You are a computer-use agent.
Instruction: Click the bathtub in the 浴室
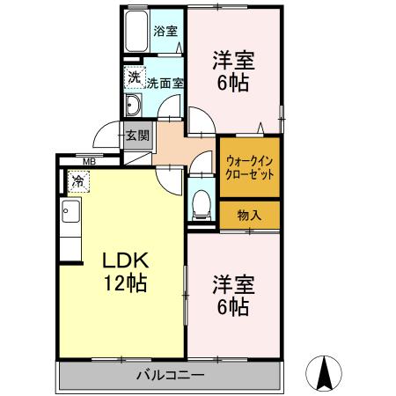[x=136, y=31]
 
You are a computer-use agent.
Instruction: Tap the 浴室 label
[x=165, y=32]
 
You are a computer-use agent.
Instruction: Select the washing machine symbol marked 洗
[x=135, y=77]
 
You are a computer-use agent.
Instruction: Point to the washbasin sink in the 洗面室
[x=133, y=105]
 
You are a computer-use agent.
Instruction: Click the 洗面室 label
[x=165, y=84]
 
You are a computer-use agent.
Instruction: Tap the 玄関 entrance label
[x=137, y=136]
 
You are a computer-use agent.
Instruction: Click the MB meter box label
[x=89, y=161]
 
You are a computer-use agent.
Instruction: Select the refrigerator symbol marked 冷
[x=78, y=181]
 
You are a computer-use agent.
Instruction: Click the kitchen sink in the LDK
[x=71, y=211]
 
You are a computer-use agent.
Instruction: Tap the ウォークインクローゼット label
[x=250, y=168]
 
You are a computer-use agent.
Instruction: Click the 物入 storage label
[x=249, y=216]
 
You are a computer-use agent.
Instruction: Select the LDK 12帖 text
[x=125, y=272]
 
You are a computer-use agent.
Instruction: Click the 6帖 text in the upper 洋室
[x=233, y=83]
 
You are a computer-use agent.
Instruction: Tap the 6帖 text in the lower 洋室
[x=233, y=307]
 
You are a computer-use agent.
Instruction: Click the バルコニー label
[x=171, y=375]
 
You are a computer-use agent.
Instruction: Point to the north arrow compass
[x=324, y=373]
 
